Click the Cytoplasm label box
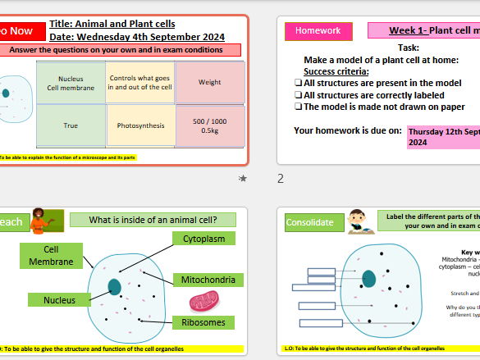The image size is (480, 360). (x=203, y=239)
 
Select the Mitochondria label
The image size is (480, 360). (x=208, y=280)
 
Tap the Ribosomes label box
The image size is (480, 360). (x=203, y=322)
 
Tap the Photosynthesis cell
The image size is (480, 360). (x=139, y=126)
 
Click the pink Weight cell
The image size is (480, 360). (x=209, y=82)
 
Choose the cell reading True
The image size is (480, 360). (x=71, y=126)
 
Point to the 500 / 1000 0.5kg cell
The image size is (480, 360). (x=209, y=126)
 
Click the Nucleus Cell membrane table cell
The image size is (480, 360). (x=71, y=82)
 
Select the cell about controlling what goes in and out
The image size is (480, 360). (x=139, y=82)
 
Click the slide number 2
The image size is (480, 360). (x=280, y=178)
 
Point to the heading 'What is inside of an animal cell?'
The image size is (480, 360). (x=152, y=220)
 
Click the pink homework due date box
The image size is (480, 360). (x=443, y=135)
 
